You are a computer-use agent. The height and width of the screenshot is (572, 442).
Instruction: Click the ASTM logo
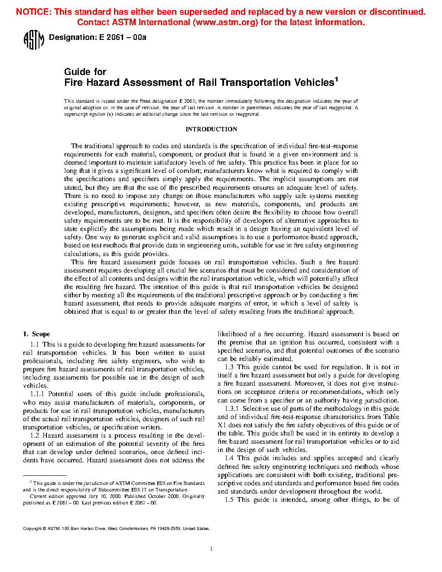coord(33,40)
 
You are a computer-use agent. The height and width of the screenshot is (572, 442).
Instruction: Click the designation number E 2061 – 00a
coord(123,38)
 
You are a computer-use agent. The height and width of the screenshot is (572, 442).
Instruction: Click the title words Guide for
coord(85,72)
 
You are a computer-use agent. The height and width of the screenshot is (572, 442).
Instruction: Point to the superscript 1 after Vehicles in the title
coord(336,79)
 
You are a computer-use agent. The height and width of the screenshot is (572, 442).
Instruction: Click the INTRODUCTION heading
coord(211,129)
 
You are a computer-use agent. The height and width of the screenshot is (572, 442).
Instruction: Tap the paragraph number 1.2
coord(35,435)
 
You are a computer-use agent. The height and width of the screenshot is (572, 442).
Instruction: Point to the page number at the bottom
coord(211,549)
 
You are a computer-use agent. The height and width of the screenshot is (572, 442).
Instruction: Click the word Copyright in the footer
coord(32,529)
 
